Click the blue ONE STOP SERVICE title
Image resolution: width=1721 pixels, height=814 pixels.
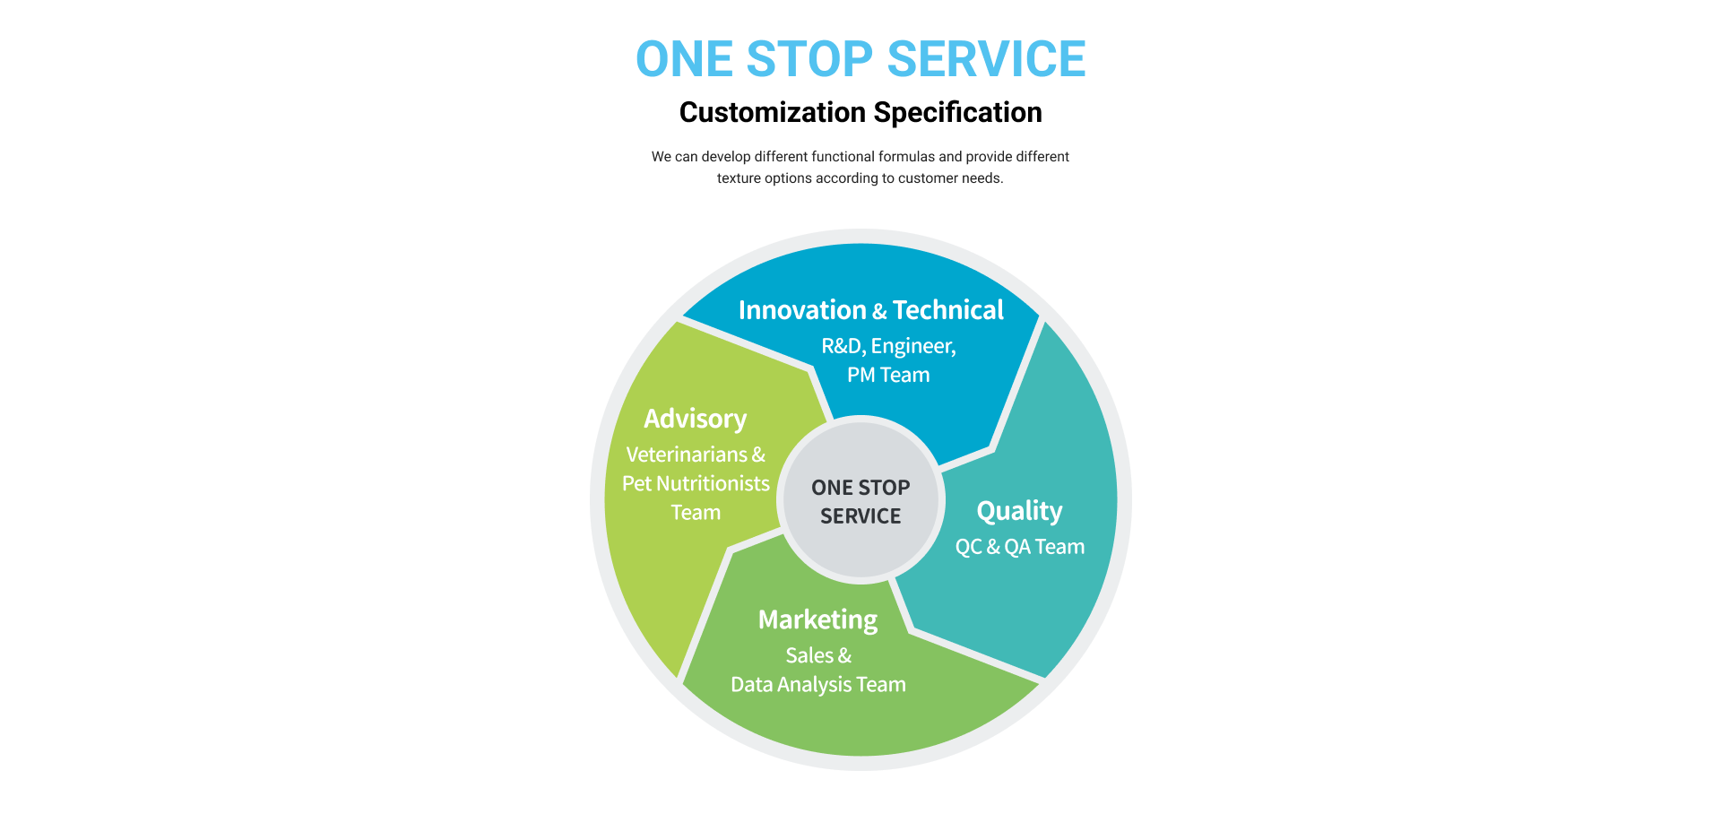coord(860,59)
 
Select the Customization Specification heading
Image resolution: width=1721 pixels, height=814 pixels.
coord(860,113)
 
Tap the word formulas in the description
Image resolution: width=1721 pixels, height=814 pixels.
coord(907,156)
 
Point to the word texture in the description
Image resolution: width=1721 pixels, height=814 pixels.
coord(739,178)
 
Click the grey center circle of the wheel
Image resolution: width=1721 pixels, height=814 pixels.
coord(860,500)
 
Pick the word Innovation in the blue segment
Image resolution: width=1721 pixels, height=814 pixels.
coord(802,310)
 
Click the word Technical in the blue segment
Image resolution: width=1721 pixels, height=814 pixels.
coord(948,310)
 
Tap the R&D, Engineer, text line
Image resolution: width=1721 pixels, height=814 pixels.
coord(888,347)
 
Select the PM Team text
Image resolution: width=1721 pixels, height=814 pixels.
coord(888,375)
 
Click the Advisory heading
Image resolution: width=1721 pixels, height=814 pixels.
coord(696,420)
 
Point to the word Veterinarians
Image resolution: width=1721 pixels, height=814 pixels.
coord(687,455)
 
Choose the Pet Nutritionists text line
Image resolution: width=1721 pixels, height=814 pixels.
coord(696,483)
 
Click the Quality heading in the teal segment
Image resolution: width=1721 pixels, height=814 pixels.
coord(1019,512)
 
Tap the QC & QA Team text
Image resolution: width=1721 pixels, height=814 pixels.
coord(1020,547)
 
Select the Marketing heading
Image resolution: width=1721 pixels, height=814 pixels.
coord(817,620)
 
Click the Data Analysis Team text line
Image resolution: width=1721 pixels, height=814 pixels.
coord(818,685)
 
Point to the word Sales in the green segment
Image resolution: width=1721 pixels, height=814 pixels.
coord(809,655)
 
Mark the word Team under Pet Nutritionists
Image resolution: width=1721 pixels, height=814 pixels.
coord(696,512)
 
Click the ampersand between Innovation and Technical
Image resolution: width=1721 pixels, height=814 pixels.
coord(879,311)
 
